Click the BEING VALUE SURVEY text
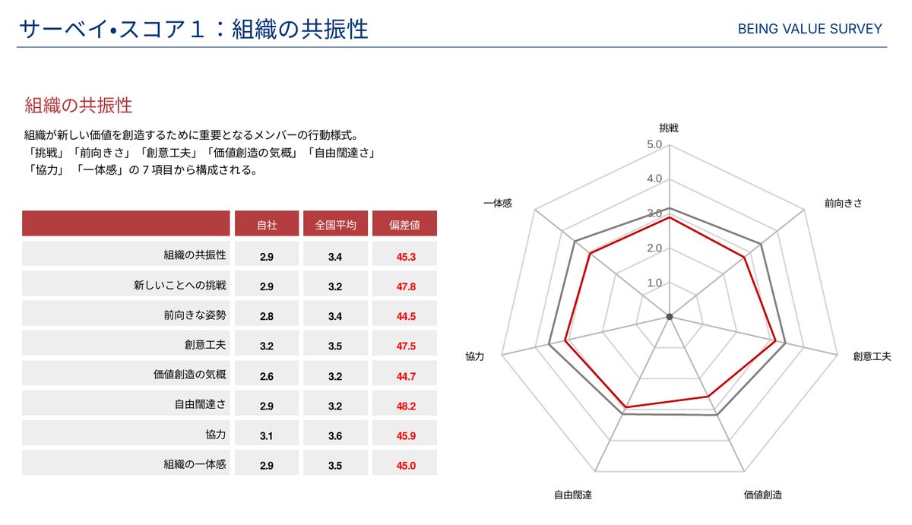pos(809,29)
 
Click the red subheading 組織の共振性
pos(78,106)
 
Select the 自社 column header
pos(267,225)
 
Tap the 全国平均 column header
pos(335,225)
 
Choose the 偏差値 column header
pos(404,225)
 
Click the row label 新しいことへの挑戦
pos(179,285)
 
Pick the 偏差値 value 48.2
pos(406,406)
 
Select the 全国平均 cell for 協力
pos(335,436)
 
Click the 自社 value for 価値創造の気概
pos(267,376)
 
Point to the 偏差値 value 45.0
pos(406,466)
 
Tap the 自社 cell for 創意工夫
pos(267,346)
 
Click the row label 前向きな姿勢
pos(195,315)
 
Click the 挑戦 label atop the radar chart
pos(669,128)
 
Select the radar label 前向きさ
pos(843,203)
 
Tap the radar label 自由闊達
pos(573,495)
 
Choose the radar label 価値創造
pos(763,495)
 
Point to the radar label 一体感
pos(498,203)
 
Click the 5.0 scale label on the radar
pos(654,144)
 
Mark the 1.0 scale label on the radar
pos(654,283)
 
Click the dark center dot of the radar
pos(670,317)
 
